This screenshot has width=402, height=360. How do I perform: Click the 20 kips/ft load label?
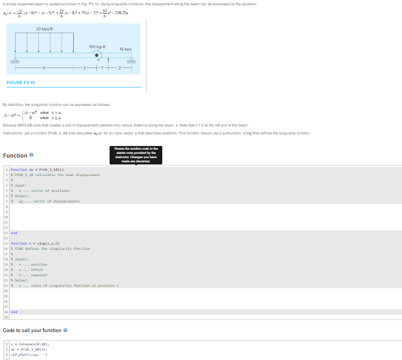[45, 28]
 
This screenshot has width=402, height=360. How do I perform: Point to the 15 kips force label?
[124, 49]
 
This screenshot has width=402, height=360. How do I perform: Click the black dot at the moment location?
[97, 54]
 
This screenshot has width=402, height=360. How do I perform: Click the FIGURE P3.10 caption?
[22, 82]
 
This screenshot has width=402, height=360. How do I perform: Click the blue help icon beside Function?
[32, 155]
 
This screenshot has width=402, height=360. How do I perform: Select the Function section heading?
[15, 155]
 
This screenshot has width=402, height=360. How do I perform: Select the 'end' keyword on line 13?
[14, 232]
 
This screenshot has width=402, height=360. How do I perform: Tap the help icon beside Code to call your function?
[65, 330]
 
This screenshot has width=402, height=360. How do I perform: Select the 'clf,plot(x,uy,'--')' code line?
[33, 354]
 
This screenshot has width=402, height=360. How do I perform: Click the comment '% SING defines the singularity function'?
[52, 248]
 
